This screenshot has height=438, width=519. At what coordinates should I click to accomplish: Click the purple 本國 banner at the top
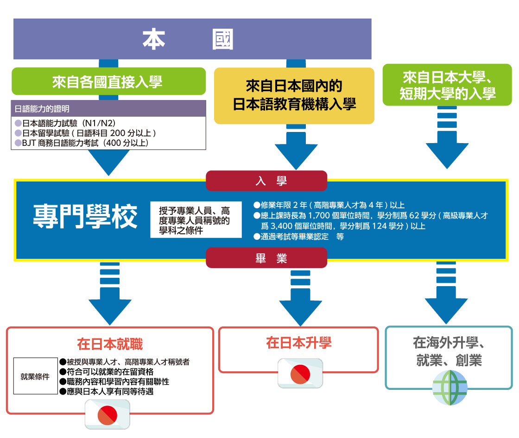[192, 39]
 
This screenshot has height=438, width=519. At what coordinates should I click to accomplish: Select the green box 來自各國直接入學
[108, 82]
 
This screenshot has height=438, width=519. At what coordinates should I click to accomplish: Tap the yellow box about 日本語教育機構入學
[294, 95]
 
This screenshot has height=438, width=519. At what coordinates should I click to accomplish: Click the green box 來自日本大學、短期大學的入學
[447, 85]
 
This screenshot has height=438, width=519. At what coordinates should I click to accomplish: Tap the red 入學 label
[266, 181]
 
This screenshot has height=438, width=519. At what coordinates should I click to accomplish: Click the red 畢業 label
[266, 258]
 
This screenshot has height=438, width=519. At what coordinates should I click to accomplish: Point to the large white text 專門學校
[85, 216]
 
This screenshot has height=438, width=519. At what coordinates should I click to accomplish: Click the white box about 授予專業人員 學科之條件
[196, 219]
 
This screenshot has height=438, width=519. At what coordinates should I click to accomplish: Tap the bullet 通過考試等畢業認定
[299, 237]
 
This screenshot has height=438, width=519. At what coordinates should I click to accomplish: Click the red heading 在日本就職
[110, 344]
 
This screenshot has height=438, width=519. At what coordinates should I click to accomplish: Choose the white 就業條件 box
[35, 376]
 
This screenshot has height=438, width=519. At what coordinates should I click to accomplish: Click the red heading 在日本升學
[298, 343]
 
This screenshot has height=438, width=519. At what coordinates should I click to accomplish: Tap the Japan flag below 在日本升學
[300, 374]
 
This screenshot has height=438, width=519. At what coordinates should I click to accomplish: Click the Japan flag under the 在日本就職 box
[108, 414]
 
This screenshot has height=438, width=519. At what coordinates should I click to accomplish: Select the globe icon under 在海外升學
[449, 388]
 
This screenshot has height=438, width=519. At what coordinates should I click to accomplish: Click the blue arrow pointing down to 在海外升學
[446, 301]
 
